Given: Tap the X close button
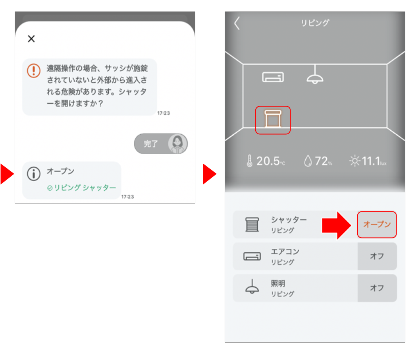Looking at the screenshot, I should [x=31, y=39].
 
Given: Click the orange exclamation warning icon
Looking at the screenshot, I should [x=34, y=70].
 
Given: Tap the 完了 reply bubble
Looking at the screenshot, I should [x=151, y=144].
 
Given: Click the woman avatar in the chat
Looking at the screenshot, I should [x=177, y=144].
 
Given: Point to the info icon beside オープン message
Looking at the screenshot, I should [x=34, y=174].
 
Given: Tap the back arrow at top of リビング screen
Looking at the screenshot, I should [x=237, y=23].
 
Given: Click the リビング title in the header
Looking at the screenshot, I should [x=314, y=23].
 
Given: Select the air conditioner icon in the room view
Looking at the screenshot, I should [x=273, y=77].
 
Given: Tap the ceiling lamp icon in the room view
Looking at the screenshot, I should [x=315, y=75].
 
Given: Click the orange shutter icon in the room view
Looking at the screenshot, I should [x=273, y=120].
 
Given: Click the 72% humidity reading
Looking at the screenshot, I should [x=318, y=161].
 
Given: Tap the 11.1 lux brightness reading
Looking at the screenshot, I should [x=368, y=161].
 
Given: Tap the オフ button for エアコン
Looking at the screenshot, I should [x=377, y=256].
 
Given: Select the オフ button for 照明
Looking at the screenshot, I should [x=377, y=288].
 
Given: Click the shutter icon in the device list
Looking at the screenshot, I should [x=252, y=225].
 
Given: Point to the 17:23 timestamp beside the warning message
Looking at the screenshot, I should [x=164, y=113].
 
